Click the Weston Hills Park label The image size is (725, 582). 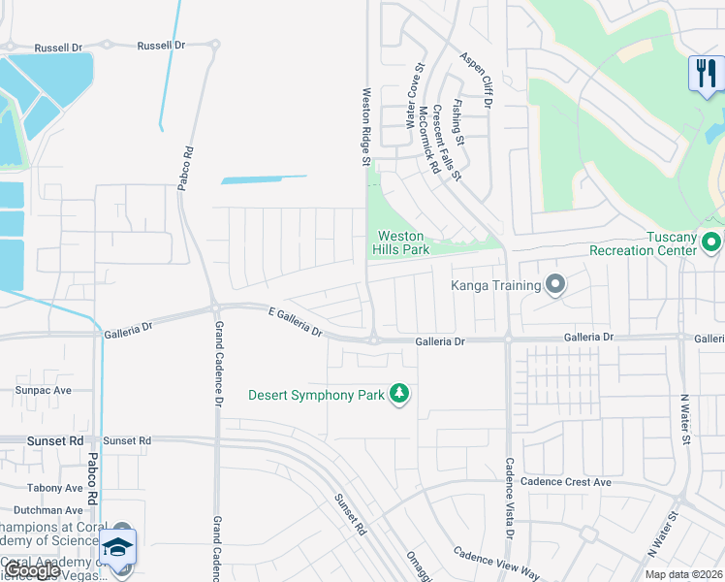[x=402, y=242]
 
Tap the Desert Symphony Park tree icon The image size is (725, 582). [x=398, y=393]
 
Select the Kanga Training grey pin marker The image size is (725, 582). [x=555, y=284]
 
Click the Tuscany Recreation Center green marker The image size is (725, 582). [x=712, y=241]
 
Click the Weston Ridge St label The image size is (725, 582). [x=366, y=127]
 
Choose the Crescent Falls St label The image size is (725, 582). [x=447, y=142]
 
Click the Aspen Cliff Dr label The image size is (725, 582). [x=477, y=80]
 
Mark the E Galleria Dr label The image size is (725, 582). [x=295, y=320]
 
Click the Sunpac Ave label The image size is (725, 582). [x=43, y=390]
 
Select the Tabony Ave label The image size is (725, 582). [x=55, y=488]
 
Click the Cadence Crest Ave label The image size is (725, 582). [x=566, y=482]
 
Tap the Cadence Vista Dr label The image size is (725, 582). [x=509, y=498]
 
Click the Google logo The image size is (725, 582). [x=32, y=570]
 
